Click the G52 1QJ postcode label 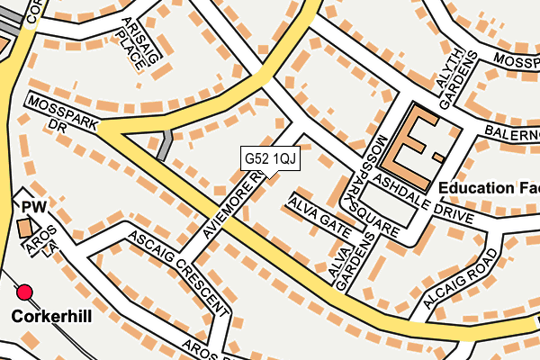(270, 158)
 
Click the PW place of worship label (32, 208)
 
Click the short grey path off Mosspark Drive (165, 145)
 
